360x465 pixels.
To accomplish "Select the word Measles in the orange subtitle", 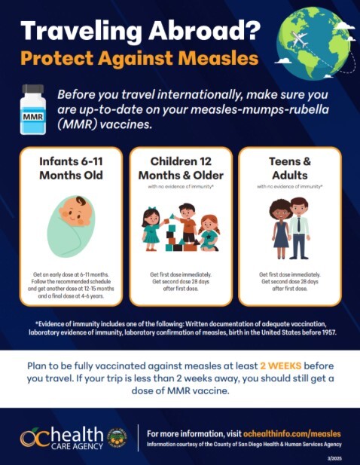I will pyautogui.click(x=222, y=57).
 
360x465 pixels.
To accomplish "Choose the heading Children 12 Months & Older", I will pyautogui.click(x=179, y=168).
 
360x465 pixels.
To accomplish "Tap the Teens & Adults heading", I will pyautogui.click(x=290, y=168).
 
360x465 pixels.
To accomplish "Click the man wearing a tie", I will pyautogui.click(x=300, y=227).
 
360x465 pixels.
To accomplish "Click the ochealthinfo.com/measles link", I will pyautogui.click(x=291, y=434).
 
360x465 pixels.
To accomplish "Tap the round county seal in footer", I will pyautogui.click(x=117, y=438).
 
